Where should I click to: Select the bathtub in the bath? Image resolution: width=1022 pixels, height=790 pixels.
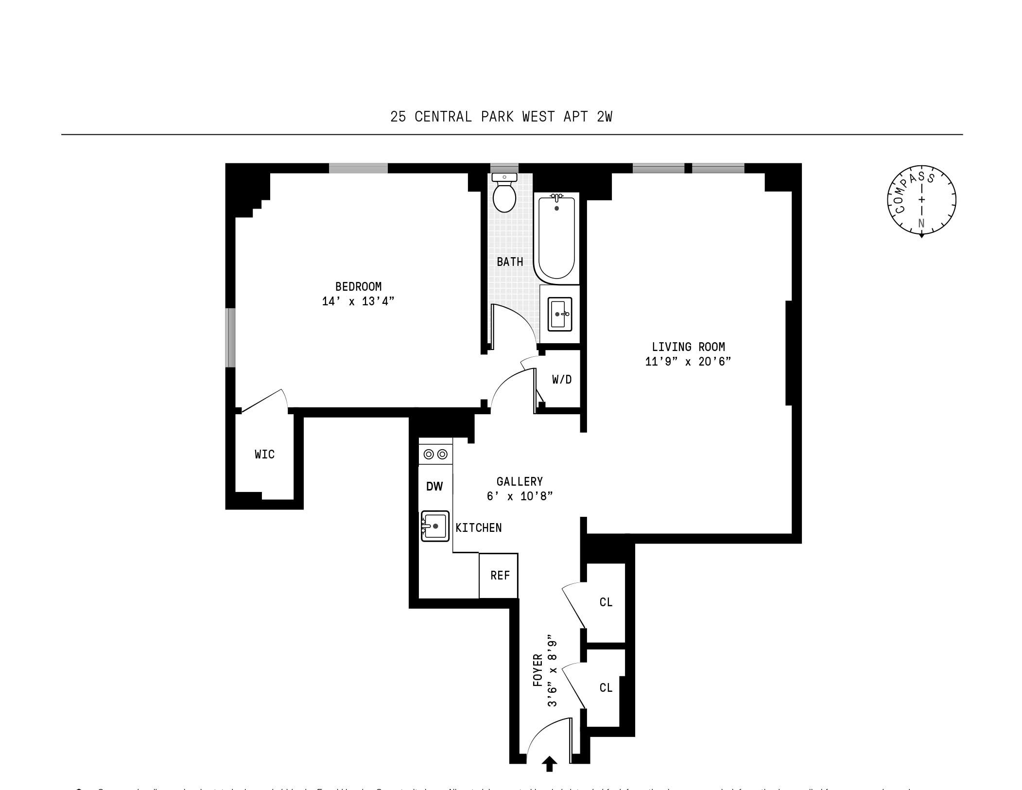pyautogui.click(x=556, y=238)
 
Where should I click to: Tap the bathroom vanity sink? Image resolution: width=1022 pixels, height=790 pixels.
pyautogui.click(x=560, y=314)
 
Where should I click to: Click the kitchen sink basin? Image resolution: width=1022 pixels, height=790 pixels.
pyautogui.click(x=435, y=526)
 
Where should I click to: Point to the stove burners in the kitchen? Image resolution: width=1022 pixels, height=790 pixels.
pyautogui.click(x=435, y=455)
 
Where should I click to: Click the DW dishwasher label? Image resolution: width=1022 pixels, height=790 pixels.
pyautogui.click(x=434, y=487)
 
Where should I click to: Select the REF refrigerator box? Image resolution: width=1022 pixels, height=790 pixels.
pyautogui.click(x=499, y=576)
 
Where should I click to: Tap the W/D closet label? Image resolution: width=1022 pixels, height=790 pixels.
pyautogui.click(x=562, y=379)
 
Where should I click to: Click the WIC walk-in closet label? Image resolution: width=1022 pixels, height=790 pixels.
pyautogui.click(x=265, y=455)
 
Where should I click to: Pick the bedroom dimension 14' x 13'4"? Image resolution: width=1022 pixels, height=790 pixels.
pyautogui.click(x=358, y=301)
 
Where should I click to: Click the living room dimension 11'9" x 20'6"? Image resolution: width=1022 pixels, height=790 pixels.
pyautogui.click(x=688, y=362)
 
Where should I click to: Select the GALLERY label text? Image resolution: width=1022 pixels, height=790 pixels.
pyautogui.click(x=520, y=481)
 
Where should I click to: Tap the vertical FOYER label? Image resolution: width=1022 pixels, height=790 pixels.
pyautogui.click(x=537, y=669)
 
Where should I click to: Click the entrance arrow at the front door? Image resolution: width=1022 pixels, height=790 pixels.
pyautogui.click(x=550, y=764)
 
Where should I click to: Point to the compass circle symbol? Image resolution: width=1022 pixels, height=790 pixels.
pyautogui.click(x=921, y=200)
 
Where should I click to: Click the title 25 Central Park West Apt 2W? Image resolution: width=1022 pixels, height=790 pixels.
pyautogui.click(x=501, y=117)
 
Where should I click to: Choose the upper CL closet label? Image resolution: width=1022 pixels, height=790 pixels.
pyautogui.click(x=606, y=602)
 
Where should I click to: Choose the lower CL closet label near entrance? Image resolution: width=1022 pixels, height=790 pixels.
pyautogui.click(x=606, y=687)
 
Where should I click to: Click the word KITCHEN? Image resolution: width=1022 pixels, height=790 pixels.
pyautogui.click(x=479, y=527)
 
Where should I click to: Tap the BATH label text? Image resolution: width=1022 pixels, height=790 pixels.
pyautogui.click(x=510, y=262)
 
